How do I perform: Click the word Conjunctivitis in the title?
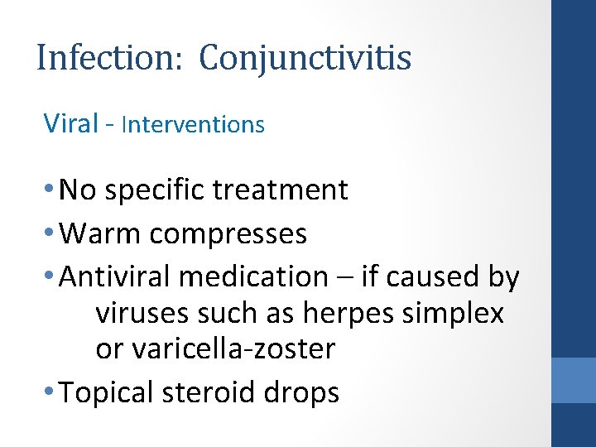305,59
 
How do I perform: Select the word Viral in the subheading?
71,123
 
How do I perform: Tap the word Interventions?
193,124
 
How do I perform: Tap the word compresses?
228,234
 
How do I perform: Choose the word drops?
308,392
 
